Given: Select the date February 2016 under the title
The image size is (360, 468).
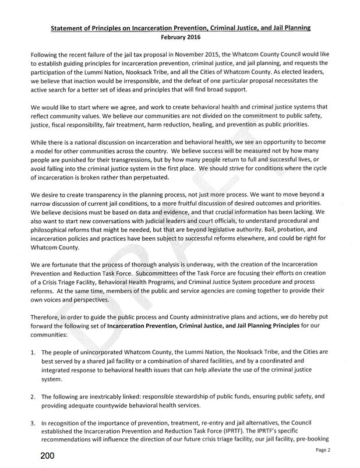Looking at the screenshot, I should tap(180, 37).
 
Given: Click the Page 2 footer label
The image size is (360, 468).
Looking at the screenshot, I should tap(324, 451).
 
